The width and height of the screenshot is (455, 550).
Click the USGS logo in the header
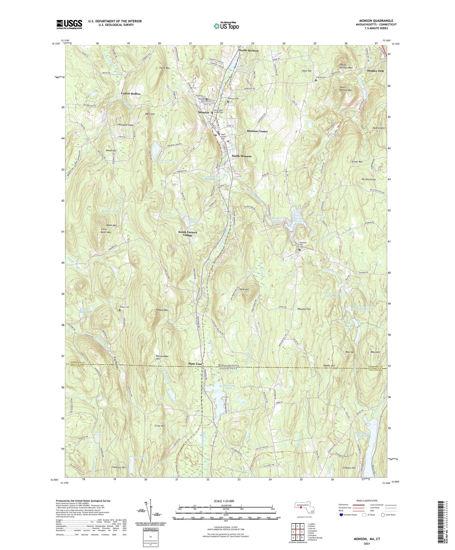(69, 24)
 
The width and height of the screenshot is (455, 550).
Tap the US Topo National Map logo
(226, 26)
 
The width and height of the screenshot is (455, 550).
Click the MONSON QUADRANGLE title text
(378, 21)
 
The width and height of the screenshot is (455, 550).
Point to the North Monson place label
(248, 50)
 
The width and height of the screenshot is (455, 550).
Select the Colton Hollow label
(131, 94)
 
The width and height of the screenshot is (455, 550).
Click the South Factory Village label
(188, 234)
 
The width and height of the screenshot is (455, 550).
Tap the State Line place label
(195, 364)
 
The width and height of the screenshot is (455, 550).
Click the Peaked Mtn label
(162, 310)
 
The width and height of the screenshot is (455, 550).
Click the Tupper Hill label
(329, 366)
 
